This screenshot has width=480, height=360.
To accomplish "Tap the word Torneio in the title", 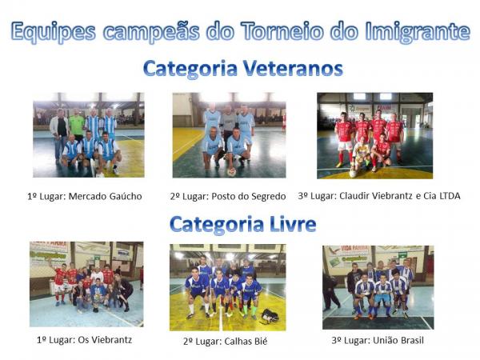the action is point(282,31).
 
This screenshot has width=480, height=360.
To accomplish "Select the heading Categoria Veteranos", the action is point(242,68).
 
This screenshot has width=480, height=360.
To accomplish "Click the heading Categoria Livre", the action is point(242,225).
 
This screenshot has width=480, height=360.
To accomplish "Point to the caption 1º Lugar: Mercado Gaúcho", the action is point(85,196).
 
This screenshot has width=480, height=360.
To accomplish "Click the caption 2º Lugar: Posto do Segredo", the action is point(228,196).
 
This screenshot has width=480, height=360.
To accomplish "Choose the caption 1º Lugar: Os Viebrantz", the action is point(85,339).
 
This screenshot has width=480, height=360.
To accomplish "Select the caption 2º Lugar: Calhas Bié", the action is point(226,341).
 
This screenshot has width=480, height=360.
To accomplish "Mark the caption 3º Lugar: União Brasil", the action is point(378,340).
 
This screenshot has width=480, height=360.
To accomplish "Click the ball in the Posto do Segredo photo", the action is point(231,172).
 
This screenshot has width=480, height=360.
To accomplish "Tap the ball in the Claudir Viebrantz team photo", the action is point(353,174).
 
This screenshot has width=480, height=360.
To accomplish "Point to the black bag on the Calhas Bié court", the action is point(270,316).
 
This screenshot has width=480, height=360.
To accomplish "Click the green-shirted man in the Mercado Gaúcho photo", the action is point(77,125).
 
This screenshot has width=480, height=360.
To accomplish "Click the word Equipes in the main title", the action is point(54,32).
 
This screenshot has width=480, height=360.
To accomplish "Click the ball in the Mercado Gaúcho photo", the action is point(100,174).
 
